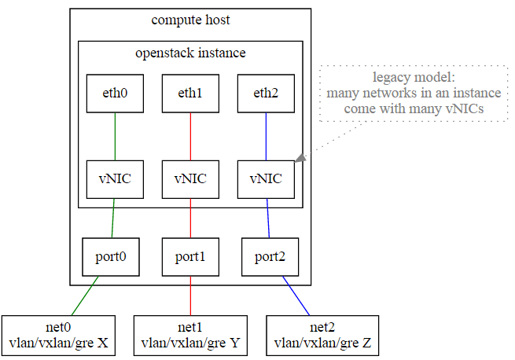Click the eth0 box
[x=115, y=94]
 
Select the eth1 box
[x=190, y=94]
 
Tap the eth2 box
[x=266, y=94]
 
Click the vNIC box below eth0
[x=115, y=179]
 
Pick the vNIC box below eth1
[x=190, y=179]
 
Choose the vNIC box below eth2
[x=266, y=179]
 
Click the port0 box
[x=111, y=257]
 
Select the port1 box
[x=190, y=257]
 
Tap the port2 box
[x=270, y=257]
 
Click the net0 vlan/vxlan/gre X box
[x=58, y=336]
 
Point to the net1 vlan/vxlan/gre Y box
[x=190, y=336]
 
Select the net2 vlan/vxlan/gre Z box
[x=322, y=336]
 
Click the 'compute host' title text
[x=190, y=20]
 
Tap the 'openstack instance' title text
[x=190, y=53]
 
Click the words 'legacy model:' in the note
[x=414, y=78]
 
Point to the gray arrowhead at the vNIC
[x=300, y=158]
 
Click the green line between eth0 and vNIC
[x=115, y=137]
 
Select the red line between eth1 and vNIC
[x=190, y=137]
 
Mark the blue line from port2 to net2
[x=296, y=296]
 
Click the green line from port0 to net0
[x=85, y=296]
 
